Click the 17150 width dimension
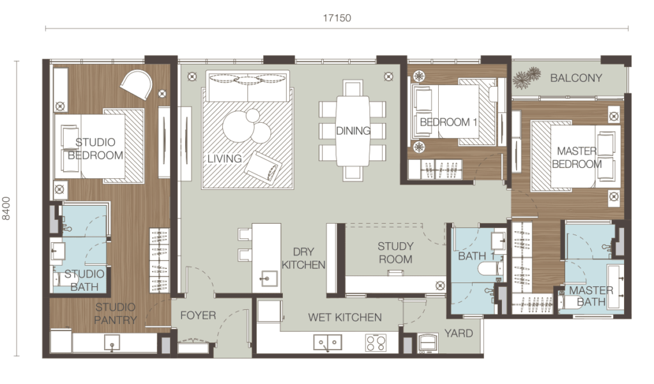pos(337,18)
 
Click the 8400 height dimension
pos(6,208)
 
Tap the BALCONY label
pos(576,78)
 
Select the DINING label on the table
pos(353,131)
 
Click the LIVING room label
pos(224,158)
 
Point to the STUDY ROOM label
pos(395,252)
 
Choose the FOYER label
pos(198,315)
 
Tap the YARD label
pos(459,333)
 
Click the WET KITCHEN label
pos(345,317)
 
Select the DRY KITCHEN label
pos(303,258)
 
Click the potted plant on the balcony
pos(527,78)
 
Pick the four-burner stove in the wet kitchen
pos(376,343)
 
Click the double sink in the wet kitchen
pos(328,342)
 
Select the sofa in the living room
pos(247,86)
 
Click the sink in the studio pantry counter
pos(112,342)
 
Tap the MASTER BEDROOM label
pos(577,157)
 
